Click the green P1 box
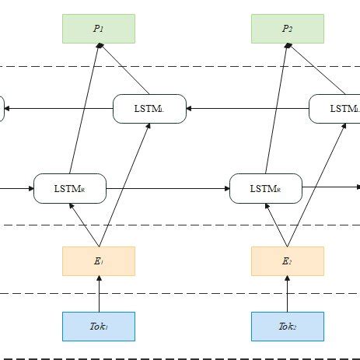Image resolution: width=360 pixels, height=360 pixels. (x=98, y=28)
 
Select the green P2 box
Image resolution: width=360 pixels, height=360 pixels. (x=287, y=28)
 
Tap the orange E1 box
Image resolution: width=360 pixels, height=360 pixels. (x=98, y=261)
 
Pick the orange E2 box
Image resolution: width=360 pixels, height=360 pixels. (x=287, y=261)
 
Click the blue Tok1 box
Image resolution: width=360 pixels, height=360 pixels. (x=98, y=327)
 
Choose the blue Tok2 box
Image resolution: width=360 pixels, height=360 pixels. (x=287, y=327)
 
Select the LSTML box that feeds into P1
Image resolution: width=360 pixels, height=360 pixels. (x=149, y=109)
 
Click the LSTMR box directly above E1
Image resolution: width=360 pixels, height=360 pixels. (x=69, y=189)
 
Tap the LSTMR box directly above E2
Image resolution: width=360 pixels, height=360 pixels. (x=265, y=189)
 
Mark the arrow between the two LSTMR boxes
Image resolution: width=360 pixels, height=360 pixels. (x=167, y=189)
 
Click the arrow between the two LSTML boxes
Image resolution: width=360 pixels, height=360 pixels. (x=247, y=109)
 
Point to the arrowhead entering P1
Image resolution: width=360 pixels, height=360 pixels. (x=98, y=46)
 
